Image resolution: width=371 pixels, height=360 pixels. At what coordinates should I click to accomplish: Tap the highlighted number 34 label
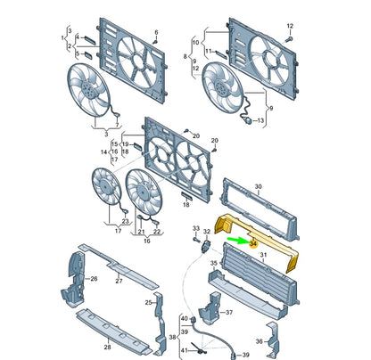[x=253, y=243]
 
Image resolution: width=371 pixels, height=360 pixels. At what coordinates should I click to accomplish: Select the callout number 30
[x=258, y=186]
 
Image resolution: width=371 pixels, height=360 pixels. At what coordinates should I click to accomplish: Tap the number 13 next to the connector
[x=260, y=121]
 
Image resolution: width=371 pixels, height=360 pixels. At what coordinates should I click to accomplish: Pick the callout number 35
[x=214, y=262]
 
